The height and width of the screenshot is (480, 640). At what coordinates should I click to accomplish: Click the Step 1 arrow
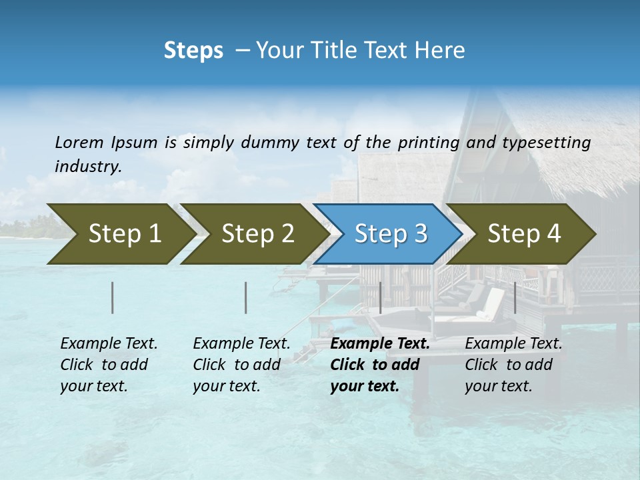[120, 234]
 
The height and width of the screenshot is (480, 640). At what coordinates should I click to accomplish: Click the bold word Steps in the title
[193, 50]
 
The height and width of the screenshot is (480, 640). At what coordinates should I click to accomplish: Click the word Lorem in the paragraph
[79, 142]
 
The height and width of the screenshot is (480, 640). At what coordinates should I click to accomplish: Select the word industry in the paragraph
[87, 167]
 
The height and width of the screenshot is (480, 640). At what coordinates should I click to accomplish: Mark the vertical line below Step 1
[113, 297]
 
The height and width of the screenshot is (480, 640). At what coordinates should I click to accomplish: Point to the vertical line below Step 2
[246, 297]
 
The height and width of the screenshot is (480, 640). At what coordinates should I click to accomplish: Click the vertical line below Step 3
[380, 297]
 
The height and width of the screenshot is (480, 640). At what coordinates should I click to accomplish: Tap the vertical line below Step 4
[515, 297]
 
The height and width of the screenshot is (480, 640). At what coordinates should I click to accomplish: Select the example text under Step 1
[109, 365]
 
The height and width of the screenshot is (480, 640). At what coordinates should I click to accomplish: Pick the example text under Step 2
[241, 365]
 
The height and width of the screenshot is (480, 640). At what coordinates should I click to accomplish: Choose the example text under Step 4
[513, 365]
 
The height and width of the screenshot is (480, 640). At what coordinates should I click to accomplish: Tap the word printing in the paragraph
[429, 142]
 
